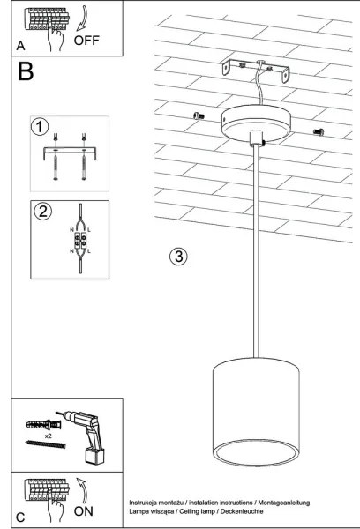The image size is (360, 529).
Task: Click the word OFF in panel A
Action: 88,39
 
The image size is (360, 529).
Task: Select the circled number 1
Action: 38,126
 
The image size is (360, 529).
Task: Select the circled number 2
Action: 41,211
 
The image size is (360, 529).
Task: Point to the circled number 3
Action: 178,257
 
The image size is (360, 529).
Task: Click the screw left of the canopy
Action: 198,115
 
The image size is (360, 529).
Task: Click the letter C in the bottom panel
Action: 20,515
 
